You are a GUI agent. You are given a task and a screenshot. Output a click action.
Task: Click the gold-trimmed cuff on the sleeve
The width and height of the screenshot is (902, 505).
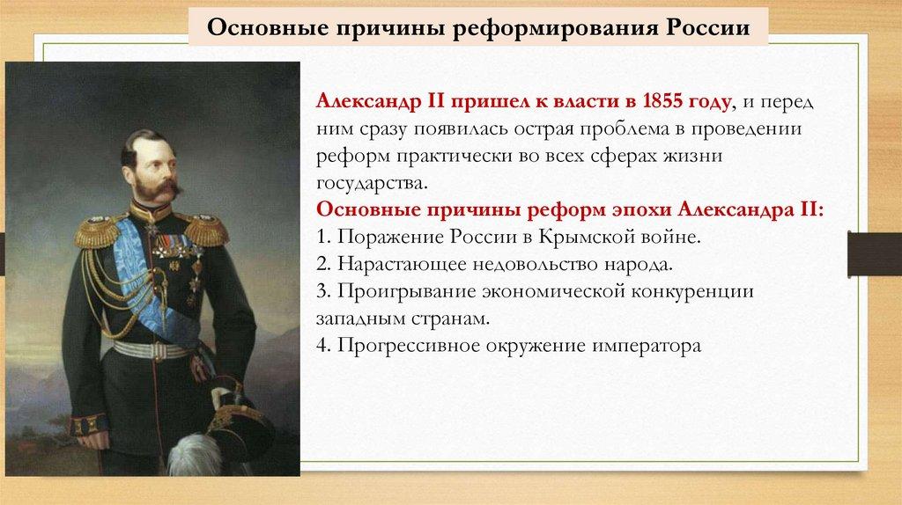point(89,424)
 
